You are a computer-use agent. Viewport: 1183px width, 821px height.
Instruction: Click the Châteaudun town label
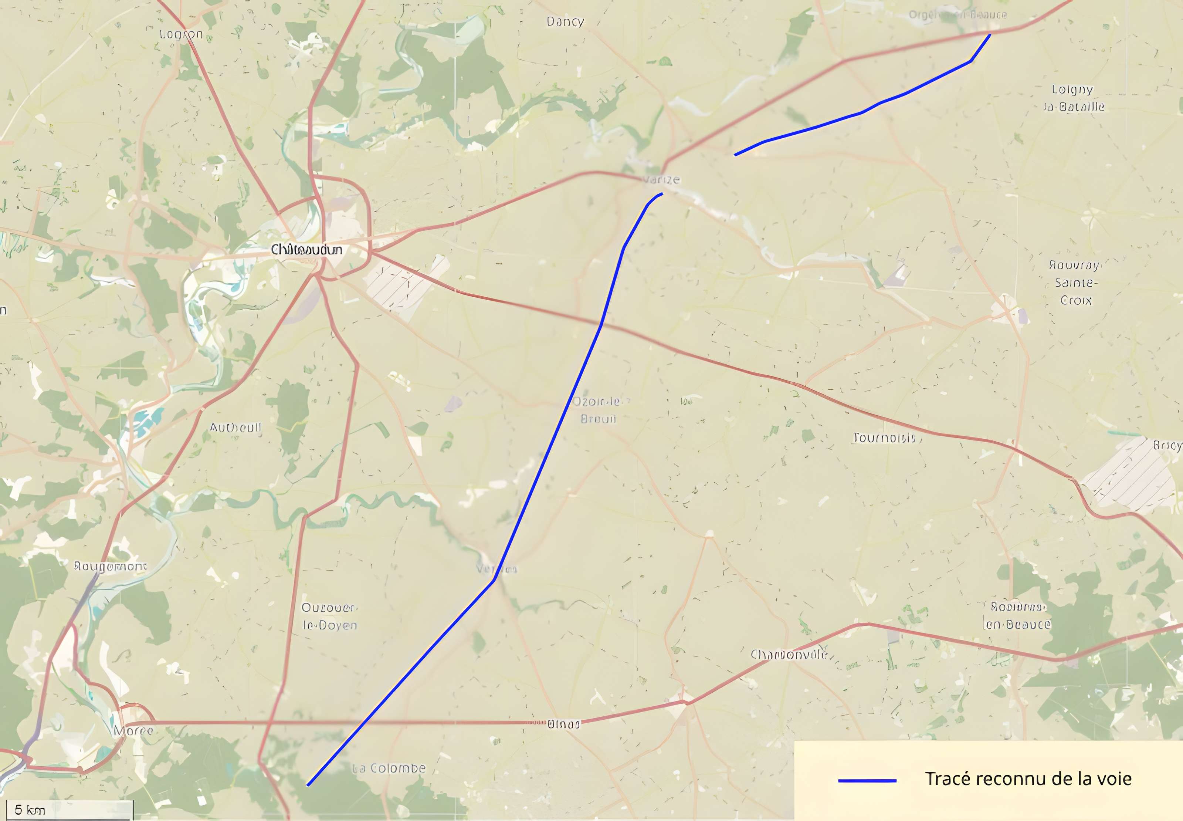point(306,250)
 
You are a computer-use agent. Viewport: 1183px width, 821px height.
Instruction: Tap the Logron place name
point(181,34)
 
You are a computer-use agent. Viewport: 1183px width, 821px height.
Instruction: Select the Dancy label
point(565,21)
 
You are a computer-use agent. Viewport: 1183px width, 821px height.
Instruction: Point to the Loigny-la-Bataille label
point(1073,98)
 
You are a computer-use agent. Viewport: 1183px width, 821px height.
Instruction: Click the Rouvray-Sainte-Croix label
point(1075,283)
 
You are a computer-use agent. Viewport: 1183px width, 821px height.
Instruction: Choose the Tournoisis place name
point(885,438)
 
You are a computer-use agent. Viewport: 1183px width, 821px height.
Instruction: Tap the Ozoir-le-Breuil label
point(597,409)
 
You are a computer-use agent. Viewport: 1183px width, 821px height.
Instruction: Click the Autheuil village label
point(235,428)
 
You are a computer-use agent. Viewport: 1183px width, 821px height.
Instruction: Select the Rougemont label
point(111,566)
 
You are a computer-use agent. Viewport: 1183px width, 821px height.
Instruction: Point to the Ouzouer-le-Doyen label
point(329,616)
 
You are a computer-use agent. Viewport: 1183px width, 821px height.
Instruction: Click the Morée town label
point(133,730)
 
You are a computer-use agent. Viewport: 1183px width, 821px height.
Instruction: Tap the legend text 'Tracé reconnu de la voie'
point(1028,779)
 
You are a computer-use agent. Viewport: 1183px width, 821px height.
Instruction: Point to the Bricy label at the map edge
point(1167,446)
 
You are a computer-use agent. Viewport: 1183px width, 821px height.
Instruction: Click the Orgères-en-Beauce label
point(957,15)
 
